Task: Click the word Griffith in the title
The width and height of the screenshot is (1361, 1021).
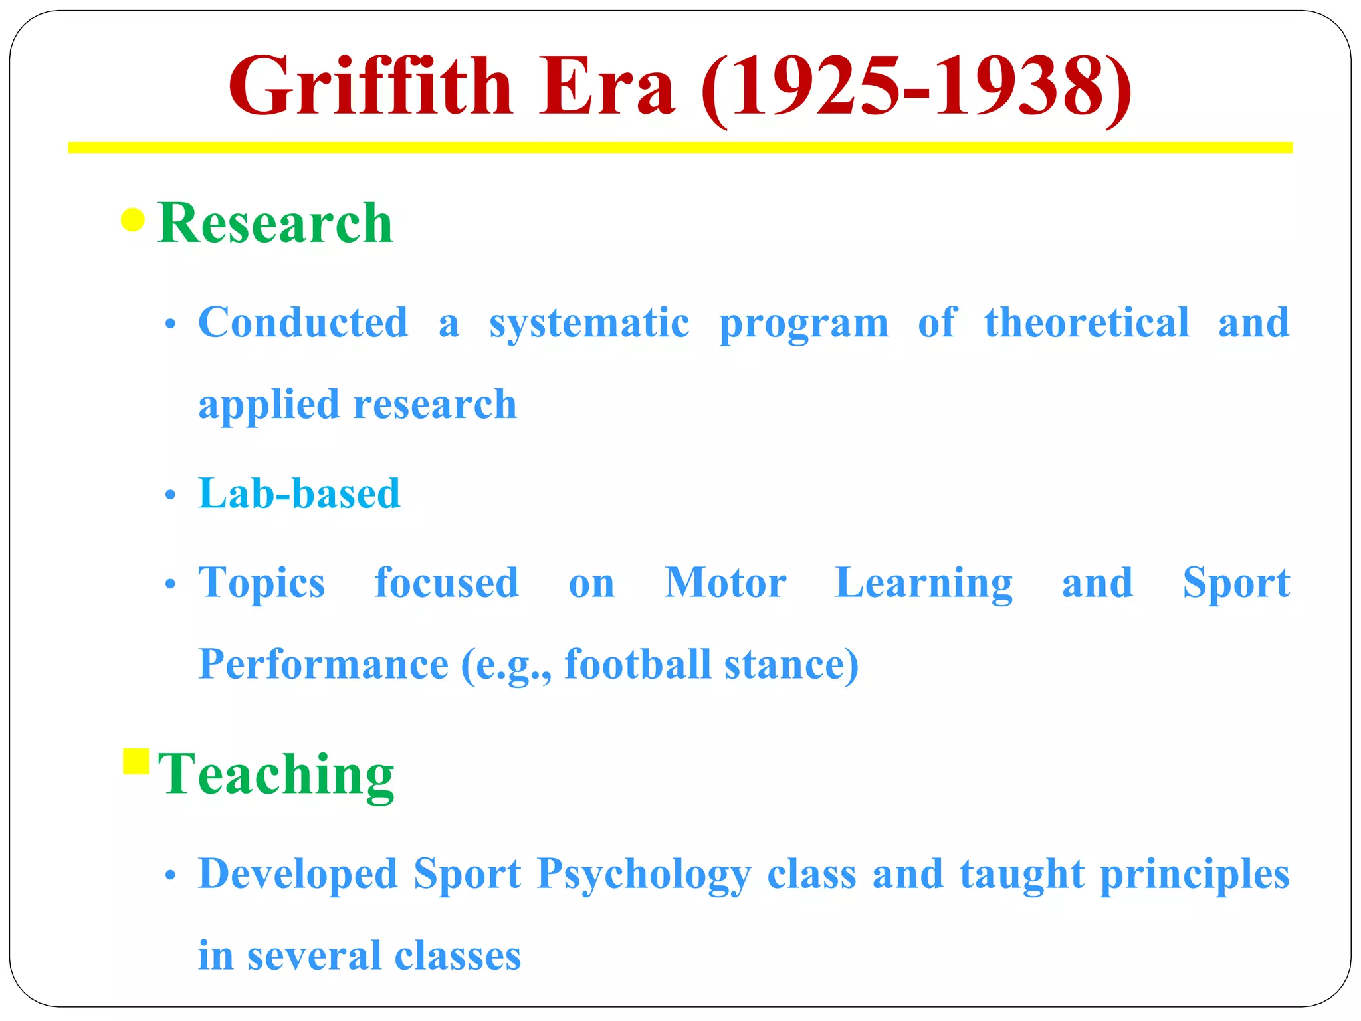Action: tap(370, 86)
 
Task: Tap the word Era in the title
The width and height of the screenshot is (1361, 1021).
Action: tap(606, 86)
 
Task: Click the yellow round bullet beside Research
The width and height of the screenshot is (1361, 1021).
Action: tap(133, 220)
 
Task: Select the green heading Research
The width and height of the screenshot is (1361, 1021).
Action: tap(275, 223)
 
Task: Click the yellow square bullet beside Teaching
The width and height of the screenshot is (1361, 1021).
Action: tap(136, 762)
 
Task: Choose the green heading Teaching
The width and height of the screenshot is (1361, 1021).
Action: tap(276, 774)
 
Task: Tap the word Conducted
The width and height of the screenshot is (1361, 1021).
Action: tap(303, 323)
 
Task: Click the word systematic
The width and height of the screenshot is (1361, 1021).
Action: tap(589, 324)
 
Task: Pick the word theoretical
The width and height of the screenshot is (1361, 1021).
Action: tap(1087, 323)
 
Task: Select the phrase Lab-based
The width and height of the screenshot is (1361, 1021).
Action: tap(299, 494)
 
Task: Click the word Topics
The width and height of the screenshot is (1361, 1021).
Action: tap(262, 584)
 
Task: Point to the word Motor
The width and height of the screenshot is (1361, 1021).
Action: tap(725, 583)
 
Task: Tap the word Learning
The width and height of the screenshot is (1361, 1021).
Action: tap(923, 584)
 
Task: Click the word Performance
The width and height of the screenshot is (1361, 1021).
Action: tap(324, 665)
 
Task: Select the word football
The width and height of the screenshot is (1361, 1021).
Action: tap(637, 664)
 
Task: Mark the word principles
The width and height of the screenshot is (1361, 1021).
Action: tap(1194, 875)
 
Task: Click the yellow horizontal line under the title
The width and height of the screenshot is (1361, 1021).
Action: tap(680, 148)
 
